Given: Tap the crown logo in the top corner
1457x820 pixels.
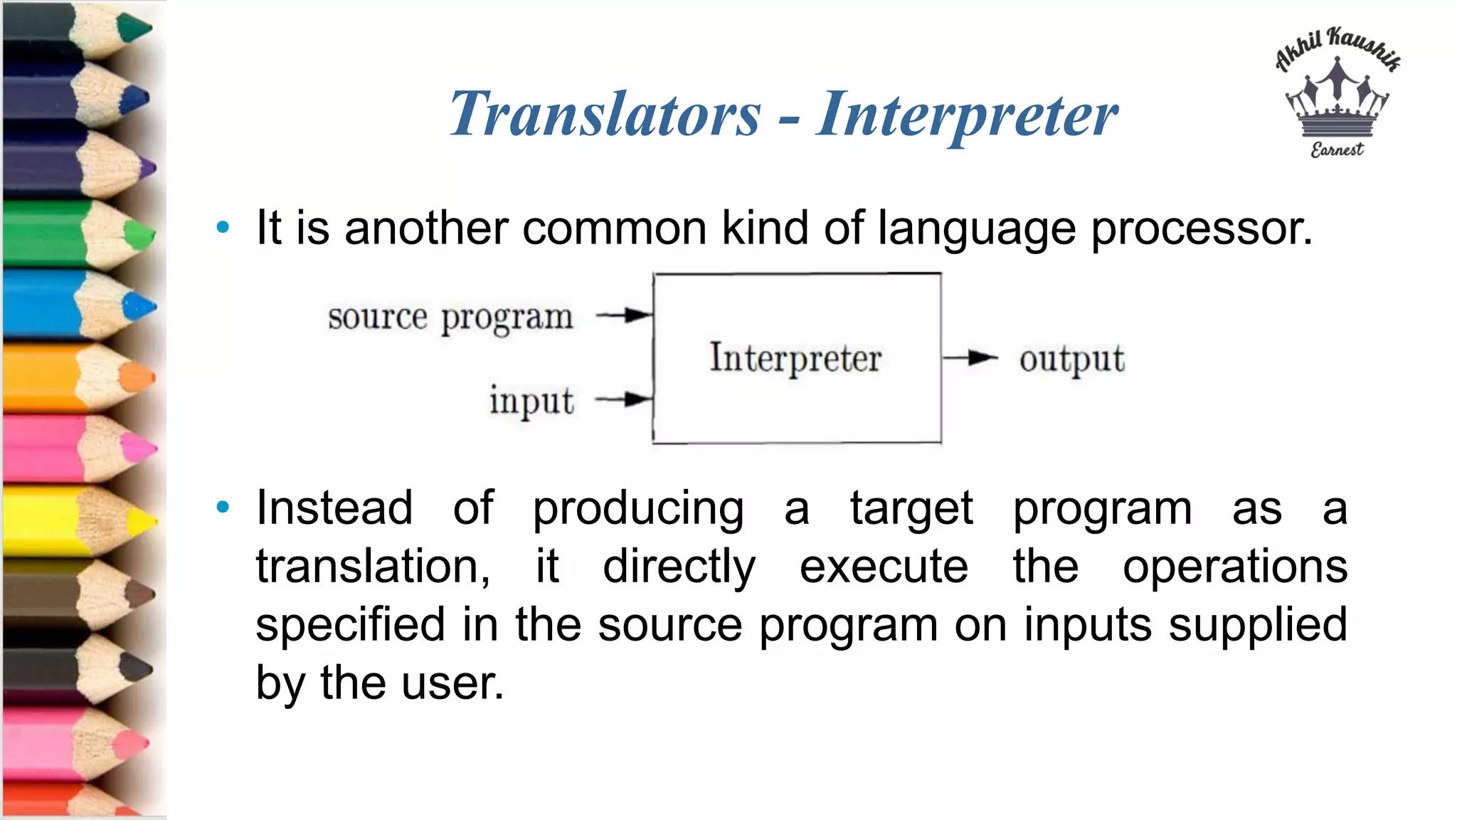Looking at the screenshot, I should [x=1337, y=100].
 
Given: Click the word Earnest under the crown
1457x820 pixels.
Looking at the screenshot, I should [x=1337, y=149].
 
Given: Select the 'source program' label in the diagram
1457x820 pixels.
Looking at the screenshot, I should [x=450, y=317].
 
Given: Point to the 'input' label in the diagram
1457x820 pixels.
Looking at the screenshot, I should [x=531, y=401].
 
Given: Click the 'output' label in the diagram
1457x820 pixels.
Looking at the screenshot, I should [x=1071, y=359].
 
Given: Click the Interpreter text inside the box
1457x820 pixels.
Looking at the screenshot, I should [x=795, y=358].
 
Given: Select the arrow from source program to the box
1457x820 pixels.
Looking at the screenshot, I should [x=625, y=315].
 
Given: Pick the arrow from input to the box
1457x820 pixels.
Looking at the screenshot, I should [x=624, y=400].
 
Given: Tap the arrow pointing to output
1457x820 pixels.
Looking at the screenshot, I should [x=970, y=358].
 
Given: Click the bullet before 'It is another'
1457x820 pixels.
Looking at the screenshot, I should [x=223, y=228].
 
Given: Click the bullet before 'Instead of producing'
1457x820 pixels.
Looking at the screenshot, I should [x=223, y=508].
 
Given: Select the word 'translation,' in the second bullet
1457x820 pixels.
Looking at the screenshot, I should [x=373, y=567].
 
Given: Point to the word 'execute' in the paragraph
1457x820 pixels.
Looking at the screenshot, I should [x=884, y=567].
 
